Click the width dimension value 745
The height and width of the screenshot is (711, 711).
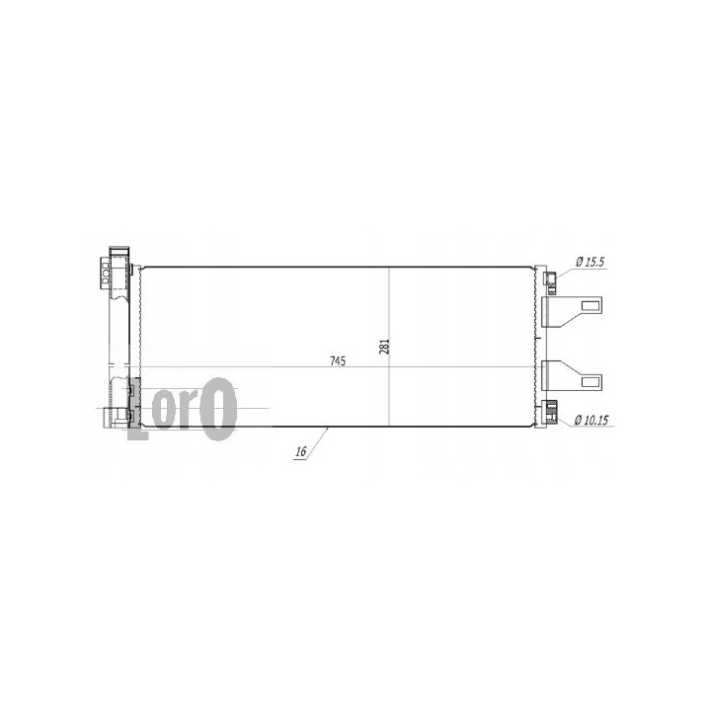tap(338, 361)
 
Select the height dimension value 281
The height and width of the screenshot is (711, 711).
tap(384, 347)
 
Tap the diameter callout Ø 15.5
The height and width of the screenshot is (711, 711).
tap(590, 262)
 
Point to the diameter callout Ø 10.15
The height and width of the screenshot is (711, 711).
tap(592, 421)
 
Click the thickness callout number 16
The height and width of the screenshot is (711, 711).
tap(301, 451)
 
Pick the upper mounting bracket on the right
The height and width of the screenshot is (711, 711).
tap(572, 311)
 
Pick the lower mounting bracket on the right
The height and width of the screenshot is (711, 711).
tap(572, 375)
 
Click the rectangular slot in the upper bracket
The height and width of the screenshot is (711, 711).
tap(590, 305)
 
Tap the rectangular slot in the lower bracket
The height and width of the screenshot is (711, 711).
tap(590, 381)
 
